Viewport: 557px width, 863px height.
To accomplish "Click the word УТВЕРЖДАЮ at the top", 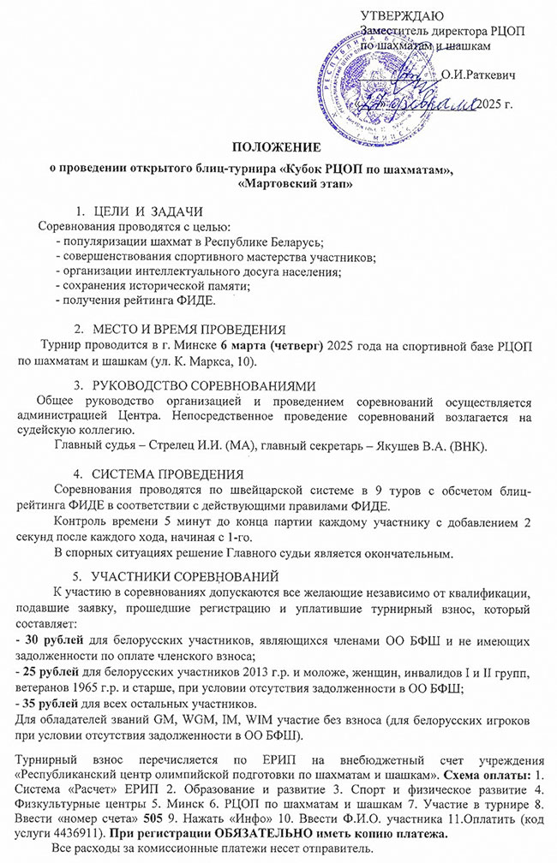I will (403, 16).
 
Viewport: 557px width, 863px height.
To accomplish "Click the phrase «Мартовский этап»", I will (284, 183).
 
